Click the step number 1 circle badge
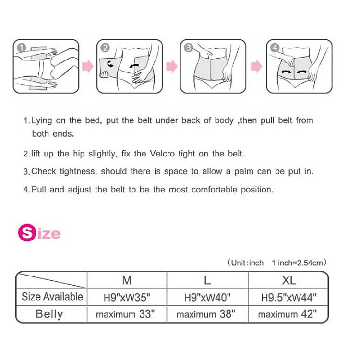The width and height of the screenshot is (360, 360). [21, 48]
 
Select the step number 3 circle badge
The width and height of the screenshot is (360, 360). [189, 48]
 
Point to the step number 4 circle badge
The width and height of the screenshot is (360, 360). [275, 48]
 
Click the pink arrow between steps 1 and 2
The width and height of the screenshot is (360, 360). [87, 66]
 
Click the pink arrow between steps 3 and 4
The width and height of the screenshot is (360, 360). [257, 66]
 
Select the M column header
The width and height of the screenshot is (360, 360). [127, 280]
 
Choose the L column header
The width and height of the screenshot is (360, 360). [207, 280]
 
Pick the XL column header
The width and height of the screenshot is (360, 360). [288, 280]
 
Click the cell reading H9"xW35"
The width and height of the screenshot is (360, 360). [127, 297]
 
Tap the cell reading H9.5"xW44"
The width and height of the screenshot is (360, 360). [288, 297]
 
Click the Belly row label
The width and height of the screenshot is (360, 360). [49, 314]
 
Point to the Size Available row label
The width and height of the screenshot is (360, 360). [52, 297]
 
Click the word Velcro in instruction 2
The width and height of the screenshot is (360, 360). [164, 154]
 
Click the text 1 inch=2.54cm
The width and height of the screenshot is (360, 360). [299, 263]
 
